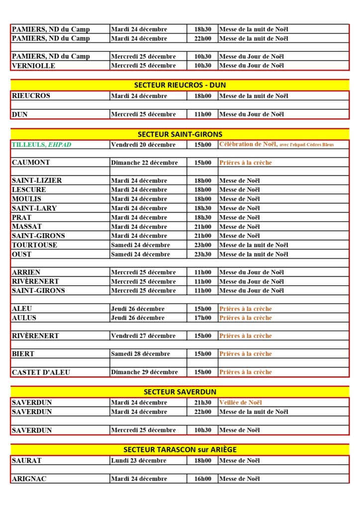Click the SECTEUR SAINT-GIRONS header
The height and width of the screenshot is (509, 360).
[x=180, y=134]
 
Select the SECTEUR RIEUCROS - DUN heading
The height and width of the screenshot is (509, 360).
[x=180, y=85]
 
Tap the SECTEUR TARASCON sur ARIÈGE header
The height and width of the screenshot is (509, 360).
[x=180, y=449]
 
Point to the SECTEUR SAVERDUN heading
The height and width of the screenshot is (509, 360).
[x=180, y=392]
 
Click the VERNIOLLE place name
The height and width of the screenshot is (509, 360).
[x=33, y=66]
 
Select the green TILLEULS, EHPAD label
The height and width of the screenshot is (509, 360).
[x=41, y=145]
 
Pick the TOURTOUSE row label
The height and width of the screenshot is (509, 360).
[x=34, y=245]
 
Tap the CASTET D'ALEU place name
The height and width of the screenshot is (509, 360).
[x=41, y=372]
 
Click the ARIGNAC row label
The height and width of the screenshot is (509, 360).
[x=29, y=479]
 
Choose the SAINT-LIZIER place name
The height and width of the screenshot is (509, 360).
[x=37, y=180]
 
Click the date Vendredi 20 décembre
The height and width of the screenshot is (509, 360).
[x=143, y=145]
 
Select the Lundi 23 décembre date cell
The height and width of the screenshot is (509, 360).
[x=138, y=460]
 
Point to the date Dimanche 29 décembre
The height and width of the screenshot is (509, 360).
[x=144, y=372]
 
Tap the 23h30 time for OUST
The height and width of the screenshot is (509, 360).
[x=202, y=254]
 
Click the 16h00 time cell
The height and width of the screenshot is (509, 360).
[x=202, y=479]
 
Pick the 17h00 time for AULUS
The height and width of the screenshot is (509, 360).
[x=202, y=318]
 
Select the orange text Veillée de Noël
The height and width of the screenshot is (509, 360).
[x=241, y=402]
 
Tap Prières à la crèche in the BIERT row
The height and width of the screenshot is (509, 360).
[x=246, y=354]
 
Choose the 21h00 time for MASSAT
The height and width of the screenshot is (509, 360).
[x=202, y=227]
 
